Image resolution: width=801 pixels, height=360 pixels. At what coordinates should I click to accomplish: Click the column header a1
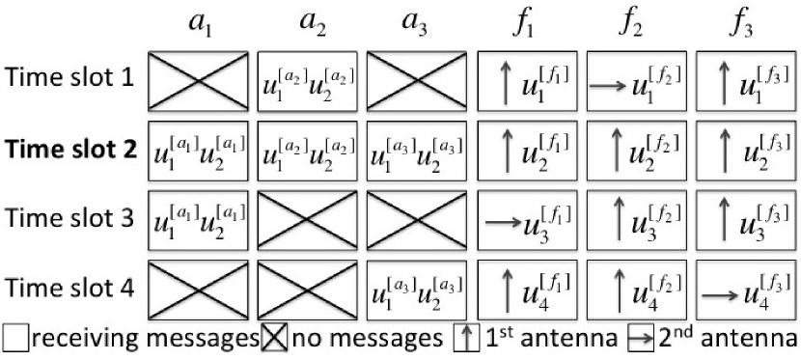tap(200, 23)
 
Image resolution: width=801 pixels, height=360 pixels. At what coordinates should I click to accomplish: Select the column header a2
tap(310, 23)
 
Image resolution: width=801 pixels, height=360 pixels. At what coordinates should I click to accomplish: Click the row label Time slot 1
tap(71, 78)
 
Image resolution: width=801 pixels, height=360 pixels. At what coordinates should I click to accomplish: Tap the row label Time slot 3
tap(71, 215)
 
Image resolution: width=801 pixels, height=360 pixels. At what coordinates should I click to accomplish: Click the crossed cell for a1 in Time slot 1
tap(200, 79)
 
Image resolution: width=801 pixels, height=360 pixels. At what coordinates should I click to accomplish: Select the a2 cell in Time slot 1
tap(310, 79)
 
